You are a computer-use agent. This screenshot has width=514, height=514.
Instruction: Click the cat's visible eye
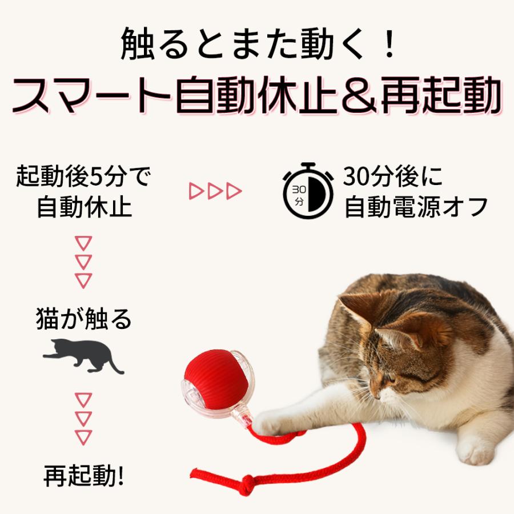(x=391, y=378)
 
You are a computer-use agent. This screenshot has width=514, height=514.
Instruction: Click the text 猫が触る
(x=83, y=319)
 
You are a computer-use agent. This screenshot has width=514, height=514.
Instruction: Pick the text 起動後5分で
(x=83, y=178)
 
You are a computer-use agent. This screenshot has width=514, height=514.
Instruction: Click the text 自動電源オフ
(x=416, y=207)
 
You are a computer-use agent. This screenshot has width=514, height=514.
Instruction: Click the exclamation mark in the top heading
(x=389, y=45)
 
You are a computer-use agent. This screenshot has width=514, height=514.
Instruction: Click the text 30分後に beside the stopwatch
(x=393, y=178)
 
